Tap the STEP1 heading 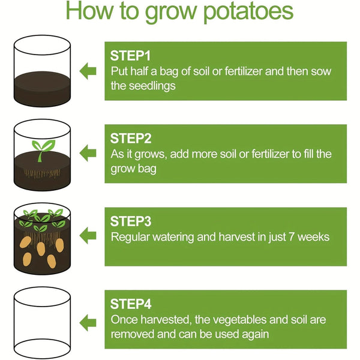(130, 55)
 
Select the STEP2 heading (131, 138)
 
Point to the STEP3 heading (131, 221)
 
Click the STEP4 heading (131, 304)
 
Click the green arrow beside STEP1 (88, 71)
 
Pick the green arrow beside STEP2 (88, 154)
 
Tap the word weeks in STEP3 (311, 236)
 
